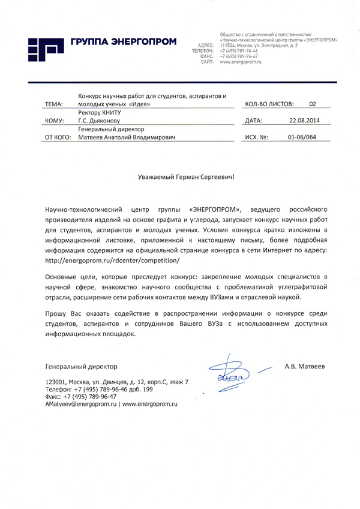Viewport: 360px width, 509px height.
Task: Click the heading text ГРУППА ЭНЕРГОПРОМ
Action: [124, 41]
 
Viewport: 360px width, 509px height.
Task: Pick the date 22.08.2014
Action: [304, 121]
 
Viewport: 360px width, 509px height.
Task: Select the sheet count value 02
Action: [312, 104]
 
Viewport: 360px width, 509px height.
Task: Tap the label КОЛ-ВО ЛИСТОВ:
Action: [268, 104]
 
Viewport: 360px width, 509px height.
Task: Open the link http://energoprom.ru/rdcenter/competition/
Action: [112, 262]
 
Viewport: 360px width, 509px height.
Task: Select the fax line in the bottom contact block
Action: [81, 397]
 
